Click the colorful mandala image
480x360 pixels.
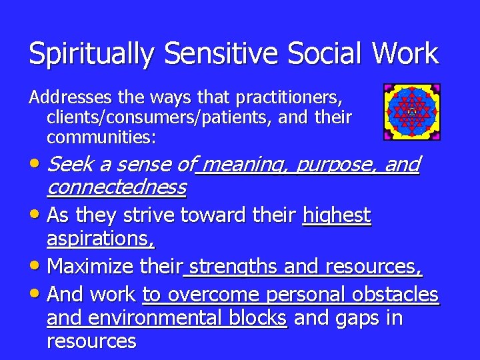pos(411,112)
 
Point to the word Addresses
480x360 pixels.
pos(71,98)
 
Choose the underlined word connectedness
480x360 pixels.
pos(116,187)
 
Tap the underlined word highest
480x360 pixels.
pos(337,215)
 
